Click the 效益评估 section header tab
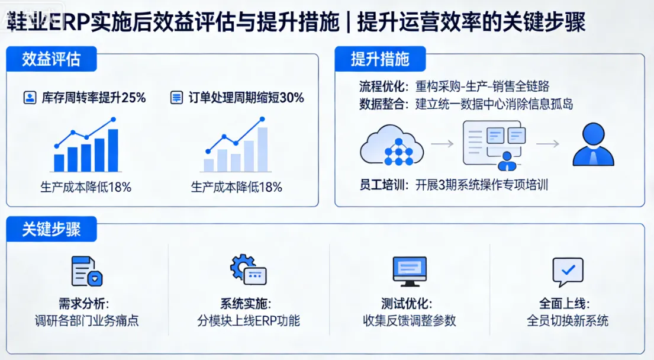pos(51,59)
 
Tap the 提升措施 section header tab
pos(379,59)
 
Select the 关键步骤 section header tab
pos(51,229)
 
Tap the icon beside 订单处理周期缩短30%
pos(176,98)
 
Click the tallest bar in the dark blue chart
pos(112,150)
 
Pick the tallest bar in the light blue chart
pos(262,149)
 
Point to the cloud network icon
pos(392,146)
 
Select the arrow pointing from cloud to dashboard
pos(442,144)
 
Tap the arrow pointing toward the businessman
pos(547,144)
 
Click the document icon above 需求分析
pos(83,272)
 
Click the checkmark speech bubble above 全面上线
pos(567,272)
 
